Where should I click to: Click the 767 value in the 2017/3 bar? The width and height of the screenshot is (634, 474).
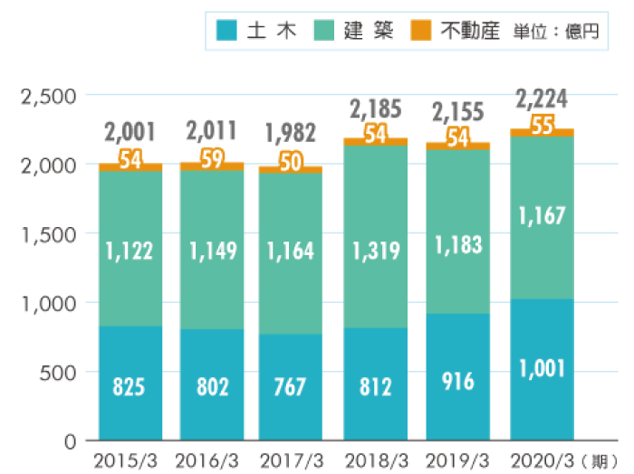pyautogui.click(x=290, y=387)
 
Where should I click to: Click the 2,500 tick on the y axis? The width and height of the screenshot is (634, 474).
pyautogui.click(x=46, y=96)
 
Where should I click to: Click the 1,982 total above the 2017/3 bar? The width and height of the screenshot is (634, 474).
pyautogui.click(x=290, y=133)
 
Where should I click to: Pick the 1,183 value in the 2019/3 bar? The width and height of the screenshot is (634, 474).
pyautogui.click(x=458, y=244)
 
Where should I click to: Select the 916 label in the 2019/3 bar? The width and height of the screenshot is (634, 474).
pyautogui.click(x=458, y=381)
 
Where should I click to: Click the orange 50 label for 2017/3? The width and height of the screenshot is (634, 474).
pyautogui.click(x=290, y=163)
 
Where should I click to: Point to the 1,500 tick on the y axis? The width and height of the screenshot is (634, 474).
pyautogui.click(x=46, y=234)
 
